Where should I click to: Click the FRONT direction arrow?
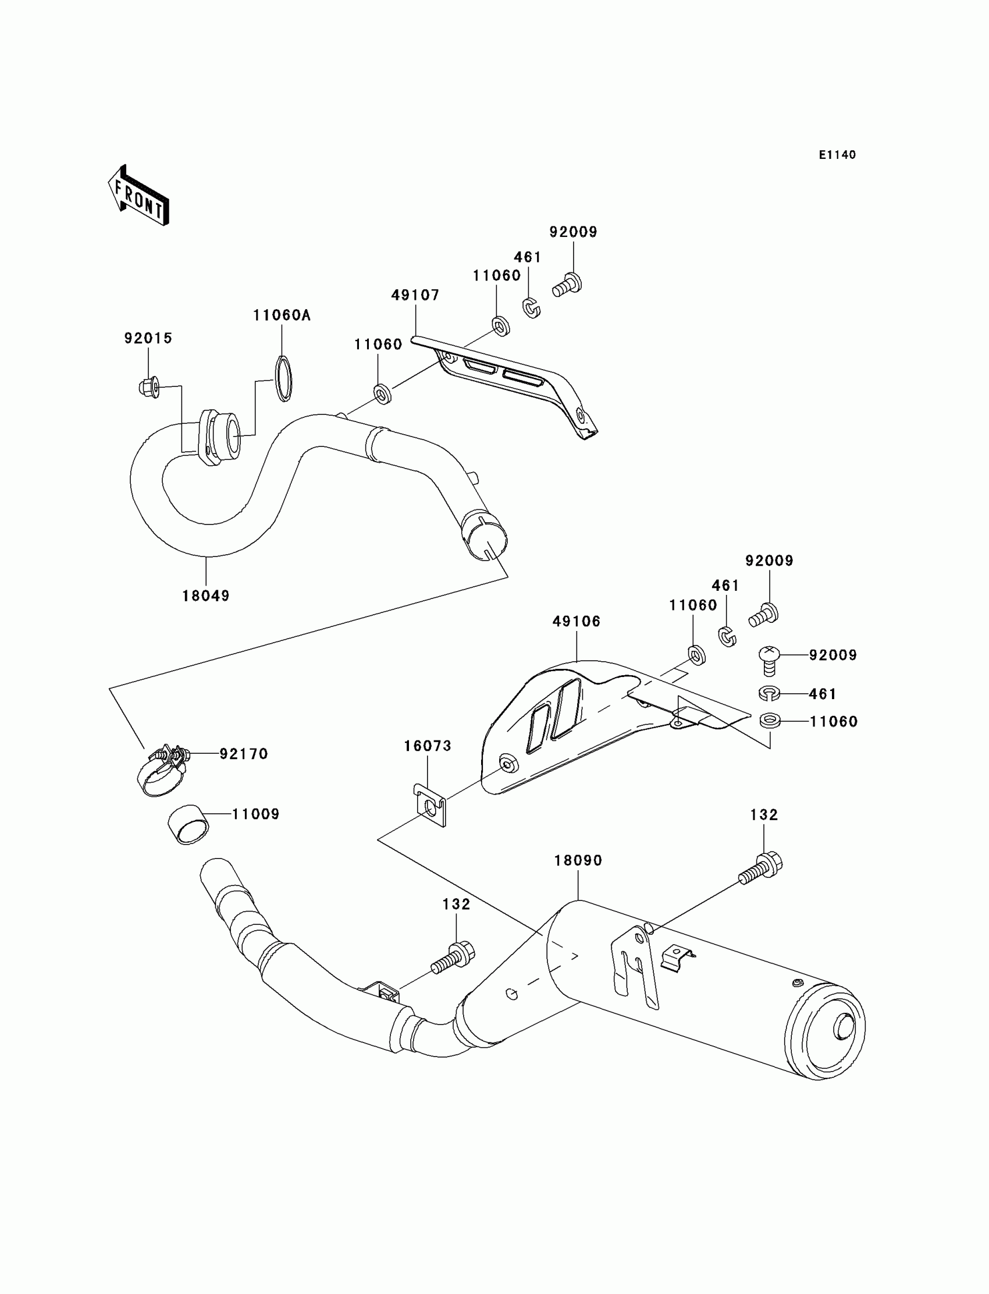tap(139, 196)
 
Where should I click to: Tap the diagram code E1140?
tap(837, 155)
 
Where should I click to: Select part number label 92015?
tap(148, 338)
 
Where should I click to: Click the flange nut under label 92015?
tap(150, 387)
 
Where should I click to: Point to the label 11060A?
tap(282, 315)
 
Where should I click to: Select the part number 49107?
tap(415, 295)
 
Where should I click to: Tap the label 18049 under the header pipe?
tap(205, 595)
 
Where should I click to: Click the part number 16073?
tap(428, 746)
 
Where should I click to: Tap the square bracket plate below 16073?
tap(431, 805)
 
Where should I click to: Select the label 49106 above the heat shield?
tap(577, 621)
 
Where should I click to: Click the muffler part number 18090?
tap(578, 860)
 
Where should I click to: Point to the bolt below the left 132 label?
tap(452, 957)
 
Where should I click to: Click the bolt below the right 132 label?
tap(761, 868)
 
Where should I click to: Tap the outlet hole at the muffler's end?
tap(845, 1027)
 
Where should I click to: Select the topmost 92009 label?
tap(573, 232)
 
